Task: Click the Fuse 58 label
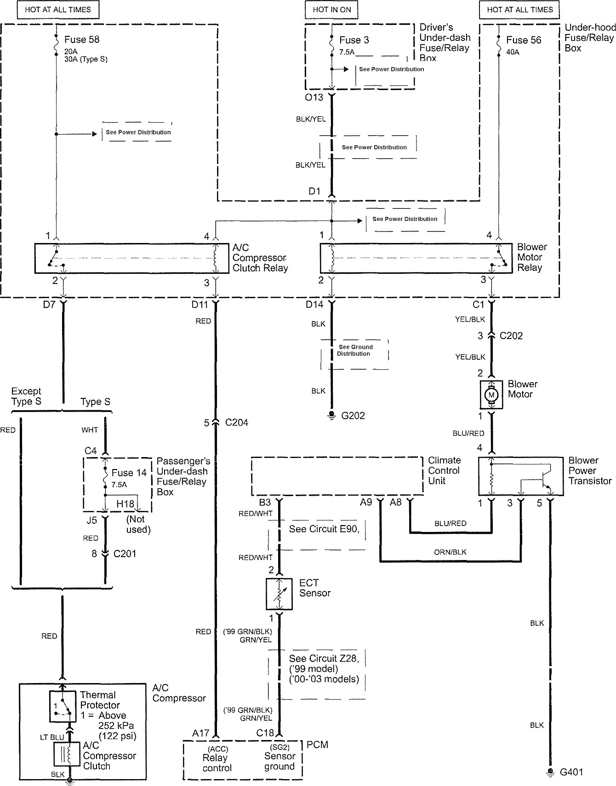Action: [x=81, y=40]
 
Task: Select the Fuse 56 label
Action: [x=524, y=40]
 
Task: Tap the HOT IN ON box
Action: [x=331, y=9]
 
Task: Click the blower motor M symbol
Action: [x=492, y=395]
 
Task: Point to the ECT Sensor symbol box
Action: [x=279, y=594]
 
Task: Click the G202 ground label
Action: [x=353, y=416]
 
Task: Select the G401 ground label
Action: [x=571, y=772]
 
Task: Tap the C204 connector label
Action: [x=236, y=423]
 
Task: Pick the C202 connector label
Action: [x=511, y=336]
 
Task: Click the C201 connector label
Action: [x=125, y=554]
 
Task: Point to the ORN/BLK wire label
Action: [x=450, y=552]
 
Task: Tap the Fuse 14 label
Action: [x=129, y=473]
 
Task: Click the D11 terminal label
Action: [x=200, y=304]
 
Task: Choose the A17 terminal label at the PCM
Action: [x=201, y=733]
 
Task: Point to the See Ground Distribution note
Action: [x=355, y=351]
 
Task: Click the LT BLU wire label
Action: [x=51, y=737]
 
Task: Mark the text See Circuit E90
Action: [x=324, y=529]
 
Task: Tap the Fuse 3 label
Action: [x=354, y=40]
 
